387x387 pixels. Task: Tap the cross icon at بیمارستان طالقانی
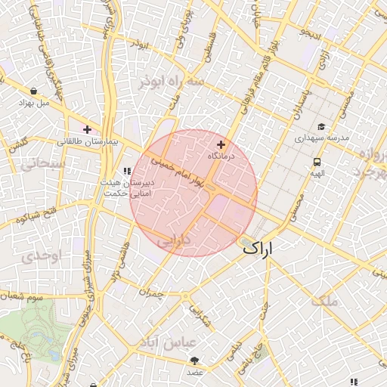[x=88, y=130]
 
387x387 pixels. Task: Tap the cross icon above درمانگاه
[x=221, y=144]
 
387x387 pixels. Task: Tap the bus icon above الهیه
[x=317, y=162]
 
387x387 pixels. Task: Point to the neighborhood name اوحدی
[x=39, y=255]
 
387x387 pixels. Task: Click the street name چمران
[x=151, y=291]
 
